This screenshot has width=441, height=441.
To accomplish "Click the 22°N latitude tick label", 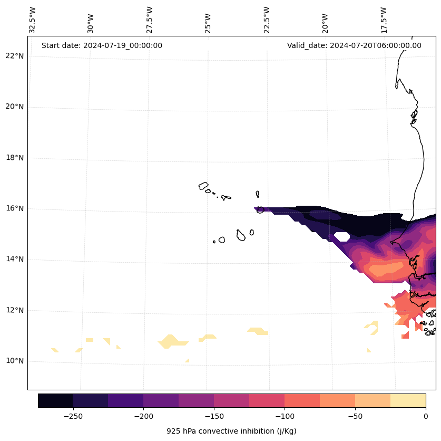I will tap(14, 56).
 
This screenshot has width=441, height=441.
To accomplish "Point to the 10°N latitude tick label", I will tap(14, 361).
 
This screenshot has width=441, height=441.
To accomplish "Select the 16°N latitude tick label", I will tap(14, 208).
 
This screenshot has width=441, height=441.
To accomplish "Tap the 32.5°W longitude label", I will tap(33, 20).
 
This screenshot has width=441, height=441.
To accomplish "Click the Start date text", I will tap(102, 45).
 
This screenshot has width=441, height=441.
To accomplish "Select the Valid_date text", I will tap(354, 45).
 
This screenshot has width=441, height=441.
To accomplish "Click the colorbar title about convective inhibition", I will tap(231, 431).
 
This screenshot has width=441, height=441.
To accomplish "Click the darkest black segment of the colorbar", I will tap(55, 400).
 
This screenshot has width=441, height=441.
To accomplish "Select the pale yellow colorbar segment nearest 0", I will tap(408, 400).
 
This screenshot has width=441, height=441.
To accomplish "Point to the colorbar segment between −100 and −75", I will tap(302, 400).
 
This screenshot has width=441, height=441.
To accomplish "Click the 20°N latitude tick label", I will tap(14, 107).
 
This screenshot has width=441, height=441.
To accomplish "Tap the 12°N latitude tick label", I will tap(14, 310).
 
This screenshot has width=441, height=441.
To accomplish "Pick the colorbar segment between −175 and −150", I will tap(196, 400).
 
